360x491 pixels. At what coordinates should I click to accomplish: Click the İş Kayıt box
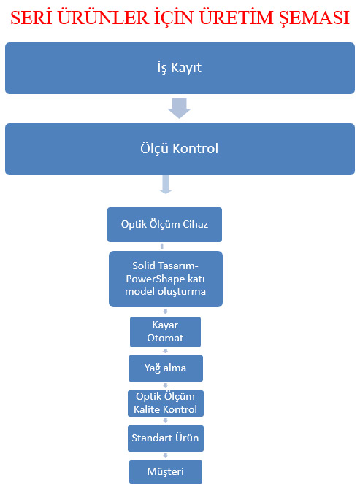[x=180, y=68]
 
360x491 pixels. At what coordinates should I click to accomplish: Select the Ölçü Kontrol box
[x=180, y=149]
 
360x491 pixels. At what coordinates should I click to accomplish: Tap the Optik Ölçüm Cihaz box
[x=164, y=225]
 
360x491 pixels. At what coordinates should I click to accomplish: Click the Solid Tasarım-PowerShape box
[x=166, y=279]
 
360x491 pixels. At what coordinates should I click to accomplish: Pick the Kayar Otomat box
[x=165, y=332]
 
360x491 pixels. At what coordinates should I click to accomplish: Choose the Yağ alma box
[x=166, y=368]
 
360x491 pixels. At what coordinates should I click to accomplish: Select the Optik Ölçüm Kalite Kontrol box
[x=166, y=403]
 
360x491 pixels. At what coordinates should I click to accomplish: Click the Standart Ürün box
[x=166, y=438]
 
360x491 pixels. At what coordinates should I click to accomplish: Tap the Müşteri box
[x=166, y=472]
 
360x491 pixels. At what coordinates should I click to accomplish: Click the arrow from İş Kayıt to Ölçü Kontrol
[x=179, y=109]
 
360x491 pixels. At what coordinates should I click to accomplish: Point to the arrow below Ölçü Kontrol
[x=166, y=184]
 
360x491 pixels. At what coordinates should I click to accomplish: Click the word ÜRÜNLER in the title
[x=103, y=18]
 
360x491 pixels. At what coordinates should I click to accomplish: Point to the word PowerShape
[x=155, y=279]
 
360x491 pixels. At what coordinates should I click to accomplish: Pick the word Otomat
[x=165, y=339]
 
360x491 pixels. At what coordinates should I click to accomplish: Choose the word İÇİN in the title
[x=174, y=18]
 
